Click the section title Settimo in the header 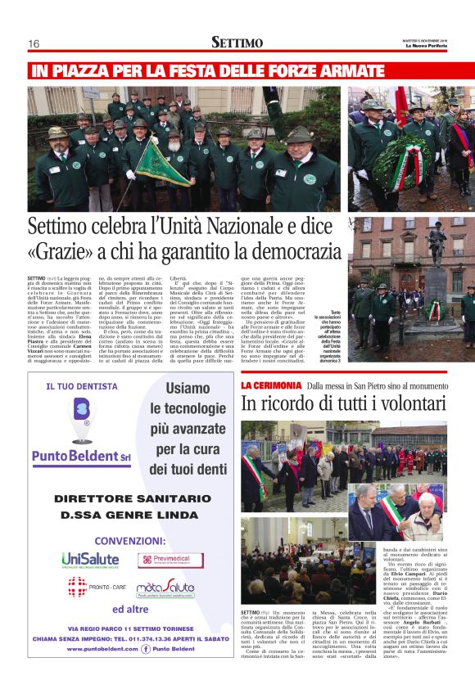coord(237,42)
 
